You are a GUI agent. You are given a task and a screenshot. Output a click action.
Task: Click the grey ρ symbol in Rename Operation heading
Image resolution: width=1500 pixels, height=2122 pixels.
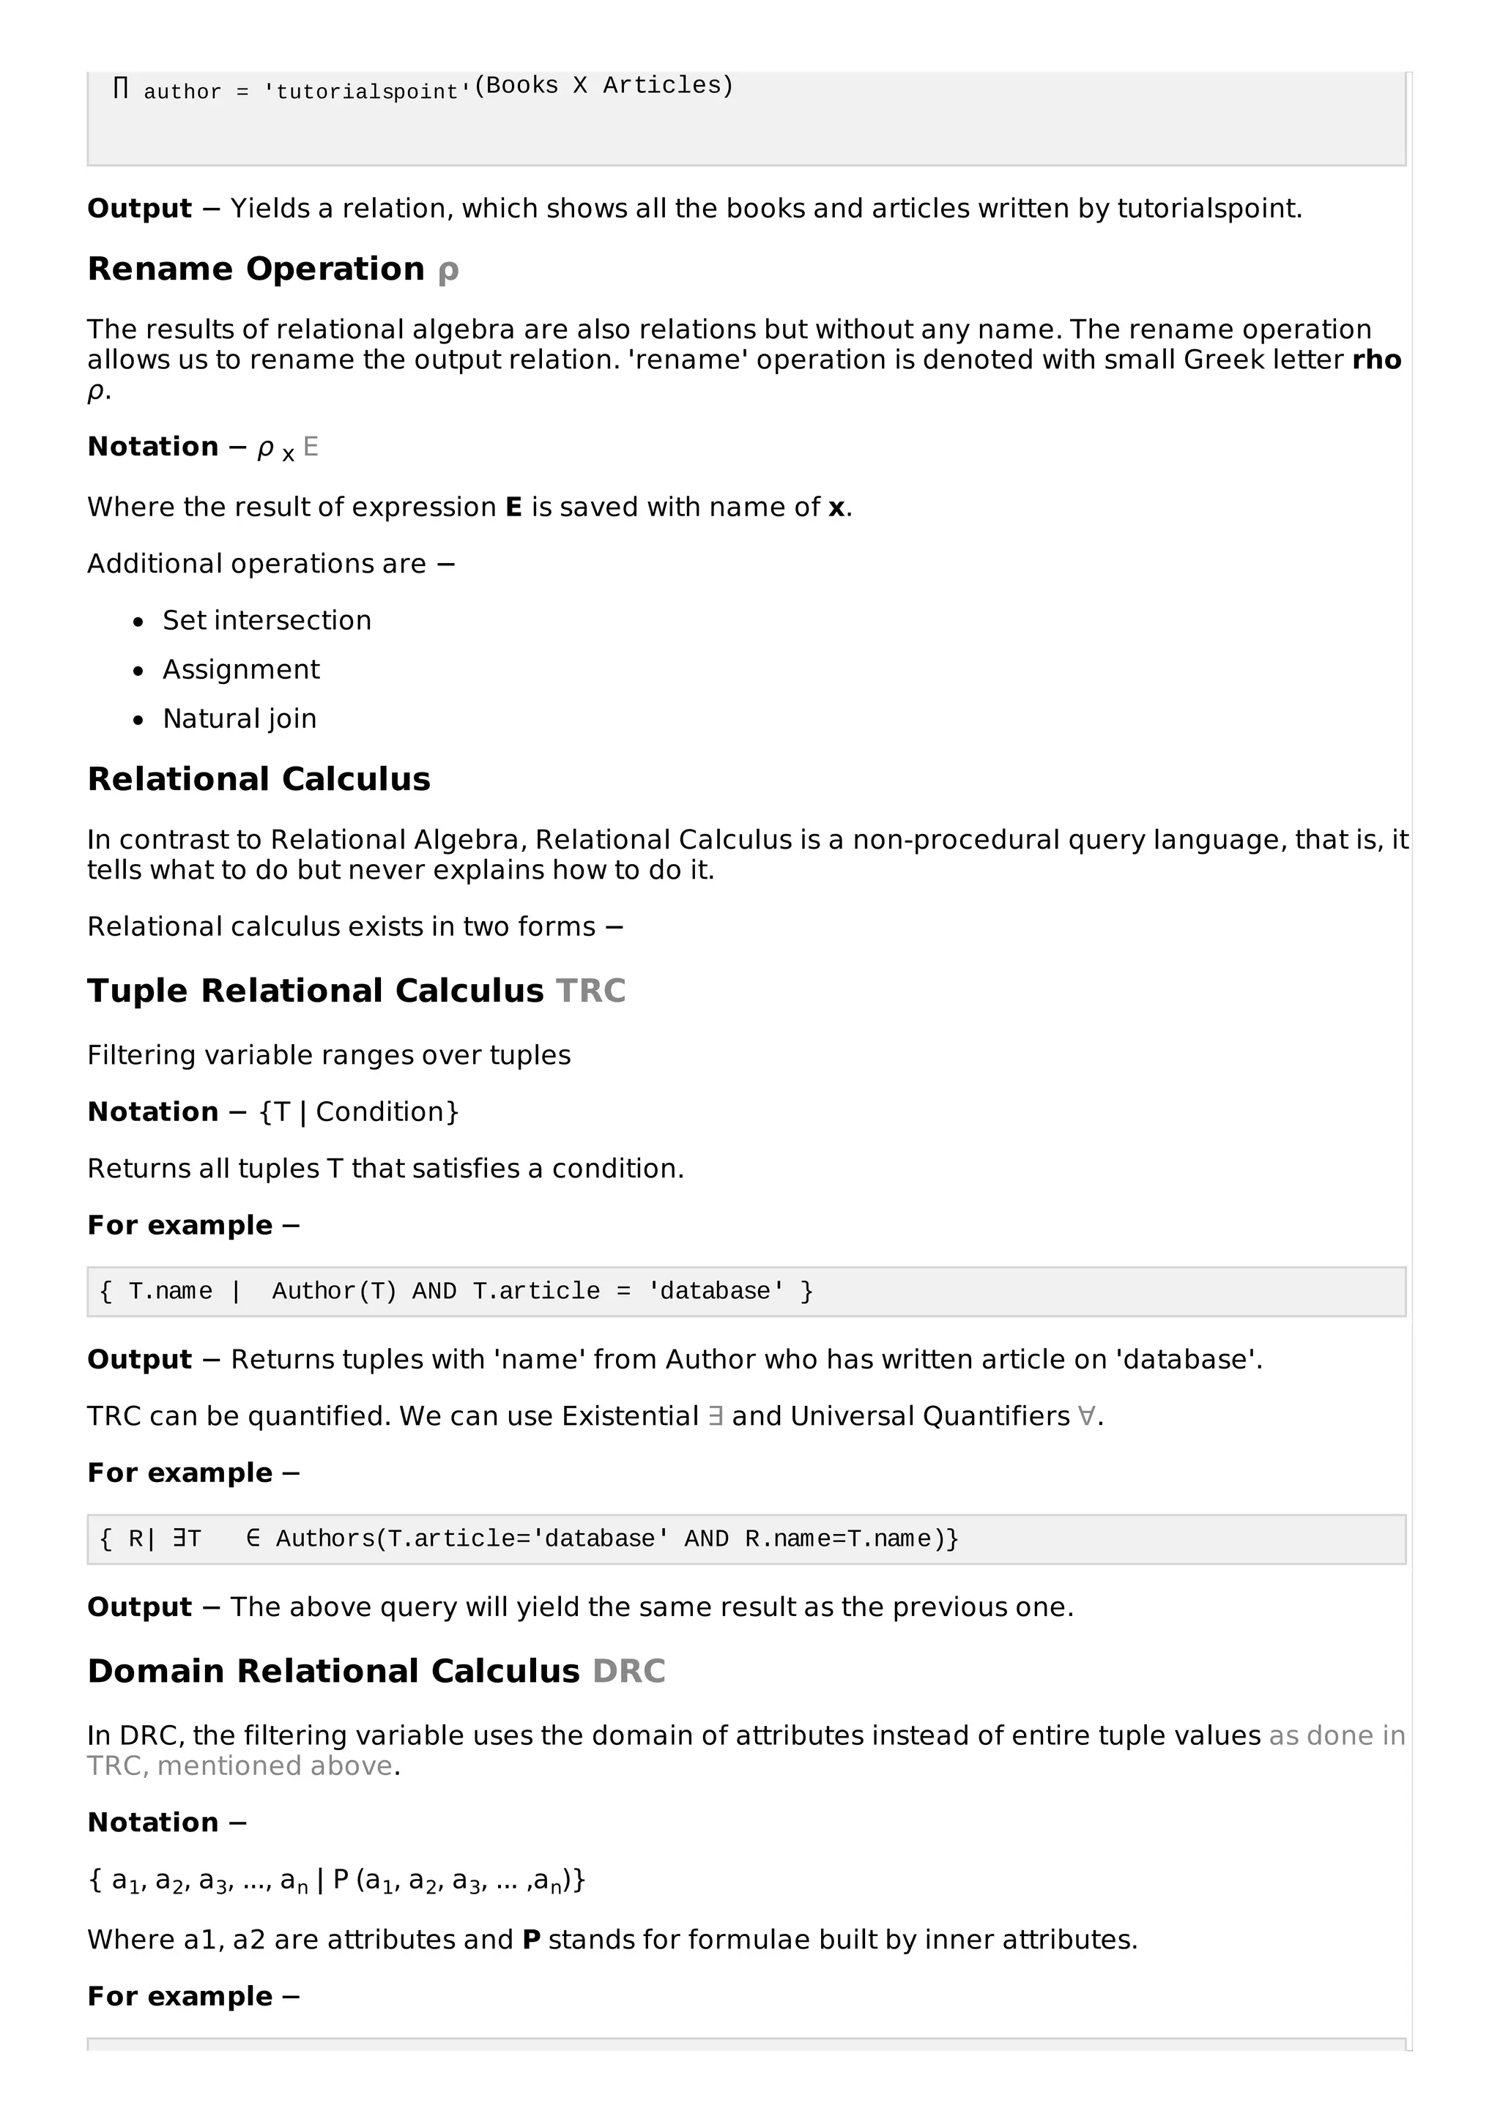click(x=448, y=271)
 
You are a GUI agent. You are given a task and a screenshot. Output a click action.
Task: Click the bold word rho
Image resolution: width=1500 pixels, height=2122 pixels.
click(x=1376, y=360)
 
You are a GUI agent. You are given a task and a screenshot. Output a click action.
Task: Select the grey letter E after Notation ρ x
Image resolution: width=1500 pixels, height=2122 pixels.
click(x=311, y=447)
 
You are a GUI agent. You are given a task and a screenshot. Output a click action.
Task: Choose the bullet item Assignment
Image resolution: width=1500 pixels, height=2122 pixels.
click(x=240, y=669)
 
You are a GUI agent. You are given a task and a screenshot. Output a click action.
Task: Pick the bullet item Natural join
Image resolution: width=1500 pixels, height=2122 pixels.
click(x=240, y=718)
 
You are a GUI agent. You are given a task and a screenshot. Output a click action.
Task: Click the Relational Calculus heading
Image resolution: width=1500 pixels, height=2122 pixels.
click(x=259, y=779)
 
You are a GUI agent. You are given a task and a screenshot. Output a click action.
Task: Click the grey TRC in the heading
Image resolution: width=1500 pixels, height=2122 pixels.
click(x=590, y=991)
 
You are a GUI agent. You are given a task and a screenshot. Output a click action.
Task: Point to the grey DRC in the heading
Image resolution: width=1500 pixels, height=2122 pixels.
click(x=628, y=1671)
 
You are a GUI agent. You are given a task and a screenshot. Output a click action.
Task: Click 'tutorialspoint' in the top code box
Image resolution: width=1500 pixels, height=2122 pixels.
click(x=368, y=92)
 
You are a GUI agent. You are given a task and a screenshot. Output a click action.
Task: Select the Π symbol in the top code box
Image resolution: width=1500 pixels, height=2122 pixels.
click(x=120, y=89)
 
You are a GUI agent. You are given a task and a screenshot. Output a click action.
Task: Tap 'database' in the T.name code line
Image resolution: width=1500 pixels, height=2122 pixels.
click(x=716, y=1291)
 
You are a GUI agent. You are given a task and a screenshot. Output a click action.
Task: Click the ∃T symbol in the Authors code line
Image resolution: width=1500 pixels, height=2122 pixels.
click(x=187, y=1539)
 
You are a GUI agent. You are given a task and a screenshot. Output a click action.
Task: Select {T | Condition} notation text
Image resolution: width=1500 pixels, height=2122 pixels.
click(x=360, y=1112)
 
